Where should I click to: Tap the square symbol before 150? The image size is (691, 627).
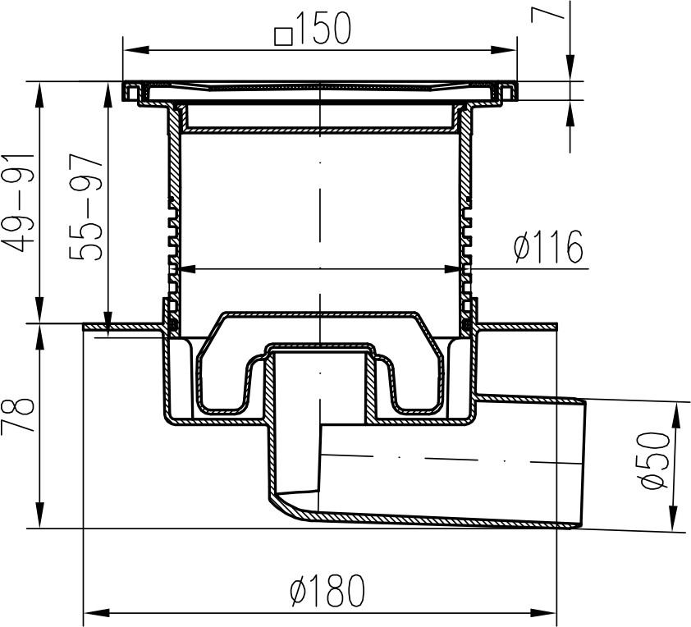click(283, 37)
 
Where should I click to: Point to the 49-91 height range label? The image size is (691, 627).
click(18, 204)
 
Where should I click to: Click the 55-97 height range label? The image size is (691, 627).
click(86, 207)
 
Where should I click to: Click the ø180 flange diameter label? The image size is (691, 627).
click(328, 590)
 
